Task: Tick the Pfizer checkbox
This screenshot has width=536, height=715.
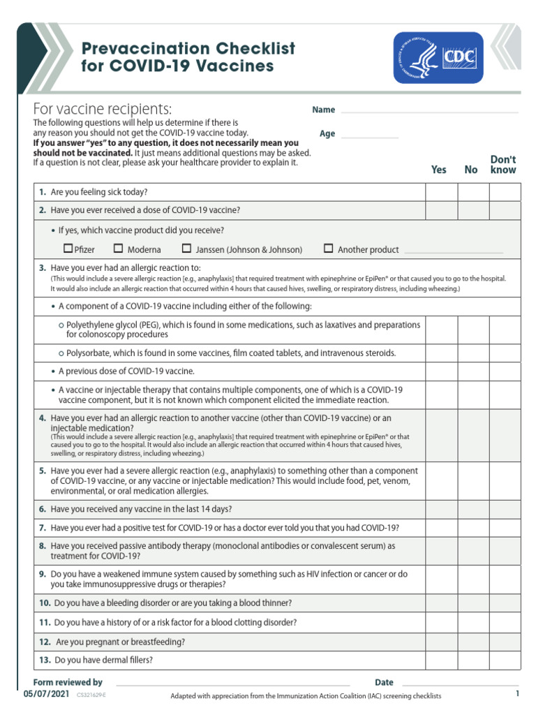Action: click(68, 248)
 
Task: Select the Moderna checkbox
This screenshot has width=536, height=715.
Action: click(118, 248)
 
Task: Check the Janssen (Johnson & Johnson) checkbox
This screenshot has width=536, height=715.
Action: click(186, 248)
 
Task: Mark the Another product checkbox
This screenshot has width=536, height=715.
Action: click(328, 248)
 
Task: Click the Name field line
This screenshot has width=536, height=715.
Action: click(429, 111)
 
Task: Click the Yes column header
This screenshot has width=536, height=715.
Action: click(439, 170)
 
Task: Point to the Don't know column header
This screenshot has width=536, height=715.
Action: click(503, 164)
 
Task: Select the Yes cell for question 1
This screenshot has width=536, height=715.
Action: click(441, 192)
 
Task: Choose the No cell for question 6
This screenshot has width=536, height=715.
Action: click(473, 509)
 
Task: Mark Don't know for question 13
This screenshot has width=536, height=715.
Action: click(505, 660)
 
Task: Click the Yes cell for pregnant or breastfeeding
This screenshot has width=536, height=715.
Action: click(441, 641)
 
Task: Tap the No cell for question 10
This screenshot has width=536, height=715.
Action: click(473, 603)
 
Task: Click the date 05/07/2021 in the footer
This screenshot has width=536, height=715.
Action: click(47, 695)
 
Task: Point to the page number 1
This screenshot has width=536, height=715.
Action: click(517, 693)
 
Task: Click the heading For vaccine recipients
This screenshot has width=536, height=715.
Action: click(103, 110)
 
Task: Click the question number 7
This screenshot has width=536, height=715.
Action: click(43, 528)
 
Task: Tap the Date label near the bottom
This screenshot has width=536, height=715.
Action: click(384, 682)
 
